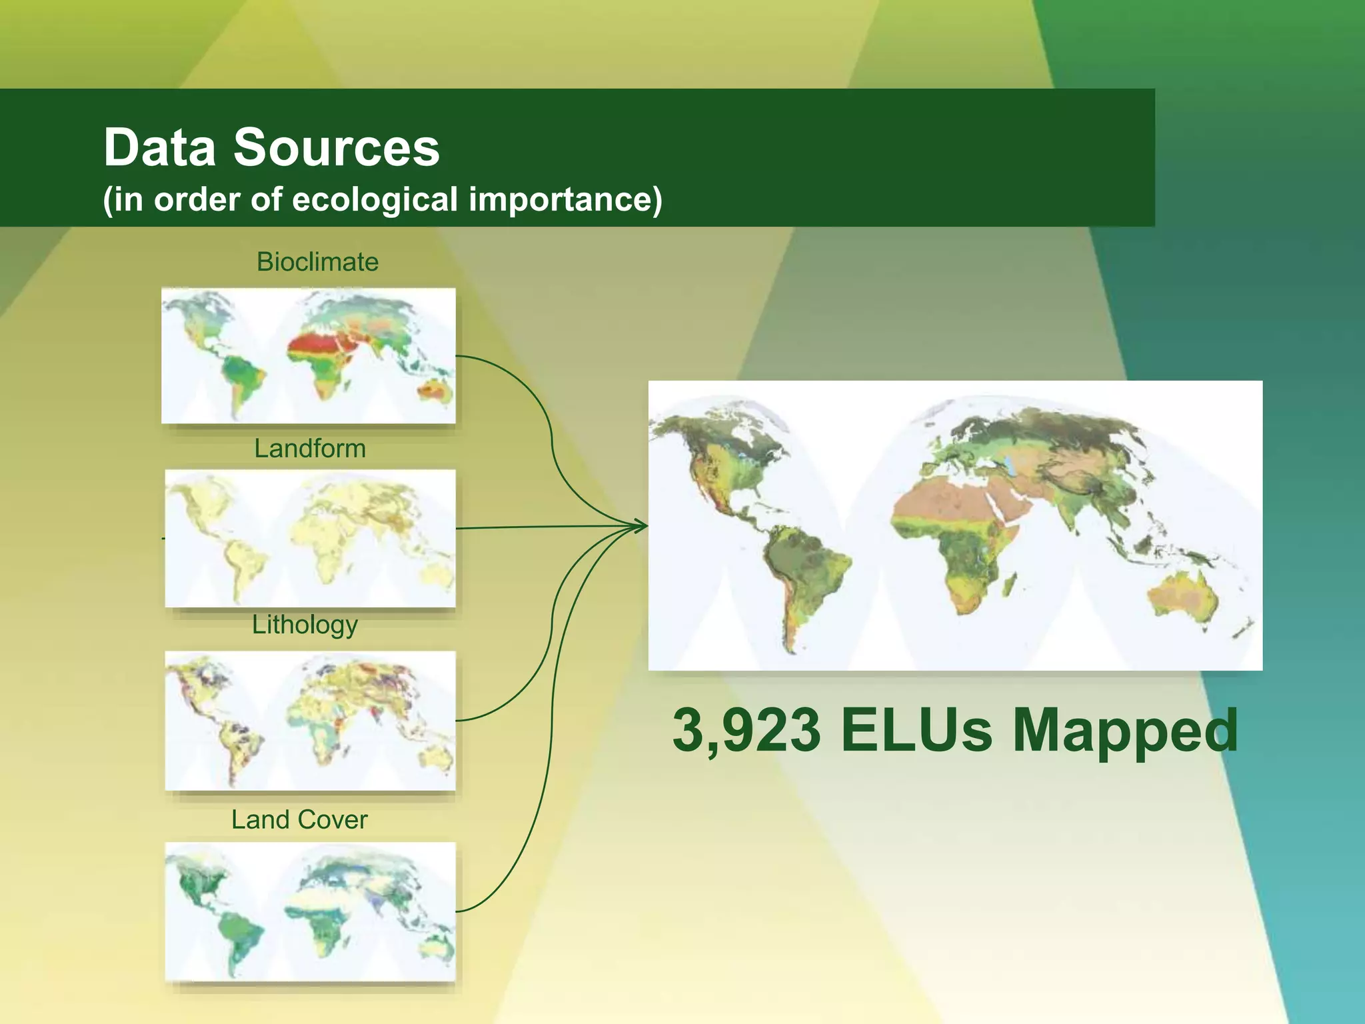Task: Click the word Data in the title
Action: [159, 147]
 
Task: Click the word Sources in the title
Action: [336, 147]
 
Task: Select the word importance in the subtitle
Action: [565, 199]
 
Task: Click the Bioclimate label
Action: [317, 262]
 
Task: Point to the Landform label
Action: [310, 449]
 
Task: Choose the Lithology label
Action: [305, 625]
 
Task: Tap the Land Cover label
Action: [299, 819]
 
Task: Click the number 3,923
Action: [746, 731]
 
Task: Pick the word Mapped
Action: [1124, 731]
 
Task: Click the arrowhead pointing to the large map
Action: [641, 526]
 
